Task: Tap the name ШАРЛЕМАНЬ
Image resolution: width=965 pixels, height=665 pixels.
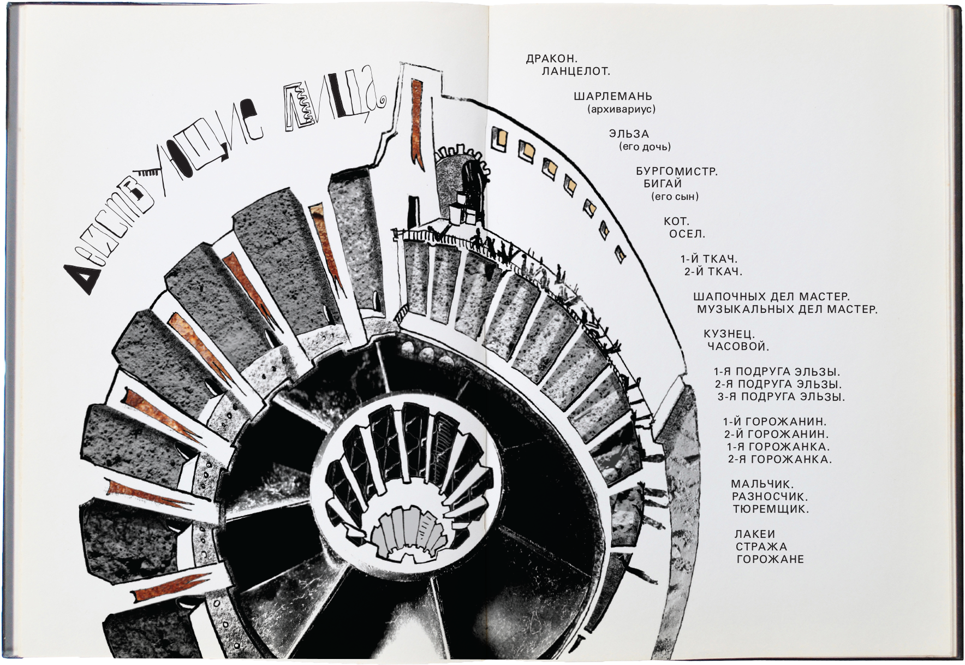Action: click(613, 97)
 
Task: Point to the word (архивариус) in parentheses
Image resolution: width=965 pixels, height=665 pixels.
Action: click(622, 109)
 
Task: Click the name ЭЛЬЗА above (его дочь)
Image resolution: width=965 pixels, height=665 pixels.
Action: click(629, 134)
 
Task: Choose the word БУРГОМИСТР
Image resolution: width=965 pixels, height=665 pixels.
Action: click(677, 172)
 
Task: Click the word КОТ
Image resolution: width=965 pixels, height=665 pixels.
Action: click(677, 222)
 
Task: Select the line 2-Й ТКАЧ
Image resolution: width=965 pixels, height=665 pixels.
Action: click(713, 272)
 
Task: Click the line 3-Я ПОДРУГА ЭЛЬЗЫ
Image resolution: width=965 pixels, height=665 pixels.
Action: click(781, 397)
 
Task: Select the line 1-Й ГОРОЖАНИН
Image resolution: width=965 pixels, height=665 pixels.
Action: click(775, 422)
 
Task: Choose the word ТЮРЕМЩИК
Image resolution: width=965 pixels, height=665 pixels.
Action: click(771, 509)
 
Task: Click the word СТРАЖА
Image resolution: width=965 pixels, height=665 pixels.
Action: click(761, 547)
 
